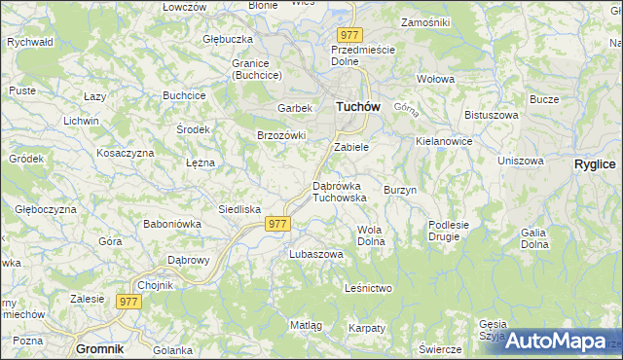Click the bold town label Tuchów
(x=357, y=107)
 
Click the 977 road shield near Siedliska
(x=277, y=224)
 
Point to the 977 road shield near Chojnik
(x=129, y=302)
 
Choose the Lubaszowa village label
(x=316, y=254)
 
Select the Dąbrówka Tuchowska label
(x=339, y=191)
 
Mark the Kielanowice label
(x=444, y=141)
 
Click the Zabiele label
(x=350, y=147)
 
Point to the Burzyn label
(x=400, y=190)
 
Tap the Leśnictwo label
(x=368, y=288)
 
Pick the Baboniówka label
(x=172, y=224)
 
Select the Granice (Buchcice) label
(x=257, y=69)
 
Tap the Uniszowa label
(x=520, y=161)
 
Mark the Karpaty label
(x=368, y=328)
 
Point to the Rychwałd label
(x=29, y=43)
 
